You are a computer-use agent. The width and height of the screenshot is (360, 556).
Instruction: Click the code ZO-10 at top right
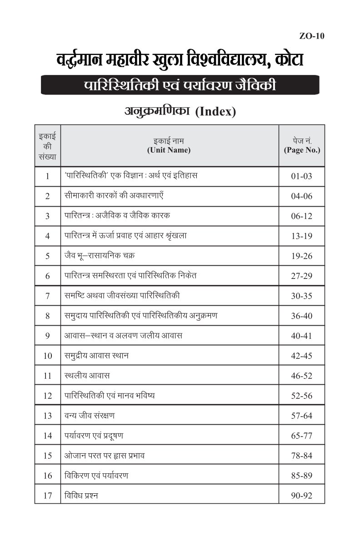coord(312,37)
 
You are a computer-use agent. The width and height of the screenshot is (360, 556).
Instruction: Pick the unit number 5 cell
coord(47,256)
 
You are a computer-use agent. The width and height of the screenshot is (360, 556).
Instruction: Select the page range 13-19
coord(302,236)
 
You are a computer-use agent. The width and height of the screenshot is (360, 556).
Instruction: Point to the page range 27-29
coord(302,276)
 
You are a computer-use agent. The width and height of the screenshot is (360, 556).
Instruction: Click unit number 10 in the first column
coord(47,356)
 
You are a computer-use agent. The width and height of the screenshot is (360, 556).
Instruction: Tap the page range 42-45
coord(302,356)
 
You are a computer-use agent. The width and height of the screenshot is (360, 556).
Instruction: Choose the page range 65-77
coord(302,436)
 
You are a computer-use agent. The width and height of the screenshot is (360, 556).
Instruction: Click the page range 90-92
coord(302,496)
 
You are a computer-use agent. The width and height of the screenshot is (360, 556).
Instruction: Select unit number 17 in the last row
coord(47,496)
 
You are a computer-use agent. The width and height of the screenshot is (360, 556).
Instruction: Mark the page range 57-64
coord(302,416)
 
